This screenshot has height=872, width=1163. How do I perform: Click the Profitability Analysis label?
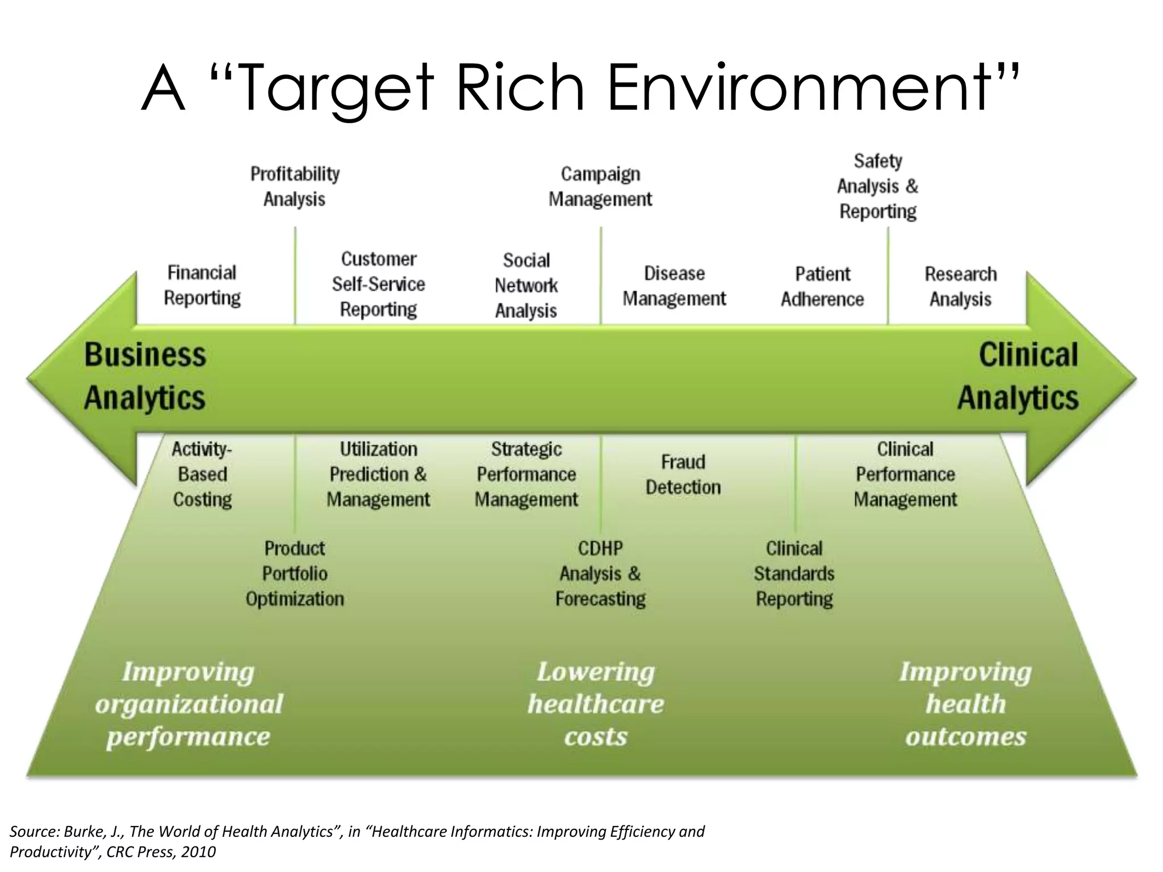295,186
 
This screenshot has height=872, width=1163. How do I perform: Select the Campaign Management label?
600,186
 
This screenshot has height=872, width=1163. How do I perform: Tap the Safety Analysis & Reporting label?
878,186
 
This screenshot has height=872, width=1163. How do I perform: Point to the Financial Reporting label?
202,285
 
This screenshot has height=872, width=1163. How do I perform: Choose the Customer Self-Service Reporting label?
378,284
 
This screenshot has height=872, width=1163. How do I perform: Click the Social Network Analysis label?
526,285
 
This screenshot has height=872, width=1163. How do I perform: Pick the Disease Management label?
674,286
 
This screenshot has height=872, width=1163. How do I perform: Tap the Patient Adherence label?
822,286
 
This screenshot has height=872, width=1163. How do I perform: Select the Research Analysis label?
960,286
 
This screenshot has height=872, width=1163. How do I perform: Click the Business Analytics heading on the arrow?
145,376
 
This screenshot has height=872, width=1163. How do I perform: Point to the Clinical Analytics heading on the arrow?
1018,376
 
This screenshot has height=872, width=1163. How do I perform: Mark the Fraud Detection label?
683,474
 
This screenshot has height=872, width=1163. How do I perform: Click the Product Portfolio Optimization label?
295,573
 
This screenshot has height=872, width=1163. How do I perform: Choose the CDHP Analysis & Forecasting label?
600,573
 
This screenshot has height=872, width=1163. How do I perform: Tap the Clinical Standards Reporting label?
794,573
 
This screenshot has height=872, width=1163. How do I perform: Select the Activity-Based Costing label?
202,474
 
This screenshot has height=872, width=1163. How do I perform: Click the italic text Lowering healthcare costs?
596,704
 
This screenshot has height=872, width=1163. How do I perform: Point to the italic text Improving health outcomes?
965,704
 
